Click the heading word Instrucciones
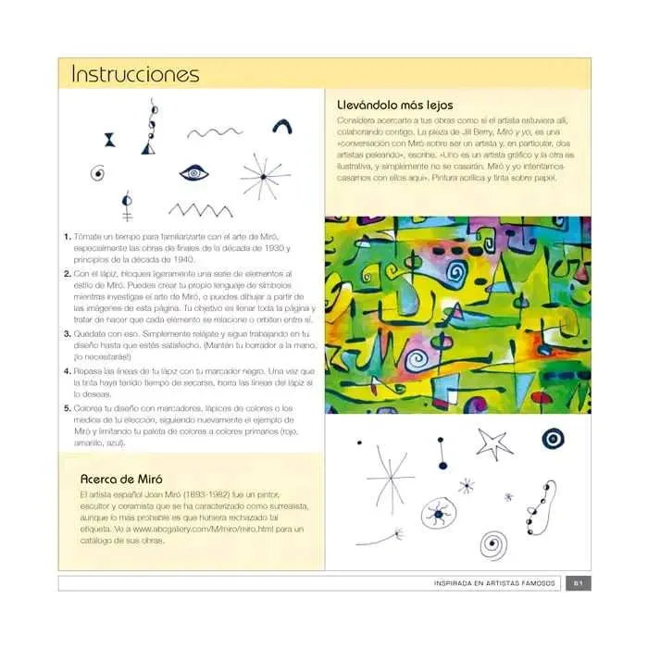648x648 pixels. tap(135, 73)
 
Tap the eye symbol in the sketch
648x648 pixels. tap(193, 172)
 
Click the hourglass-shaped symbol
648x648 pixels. tap(109, 140)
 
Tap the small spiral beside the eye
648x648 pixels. tap(96, 172)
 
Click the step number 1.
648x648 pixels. tap(68, 237)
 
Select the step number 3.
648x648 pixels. tap(68, 332)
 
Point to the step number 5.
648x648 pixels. tap(68, 408)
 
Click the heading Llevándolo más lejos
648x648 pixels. tap(396, 105)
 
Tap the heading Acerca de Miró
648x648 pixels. tap(122, 480)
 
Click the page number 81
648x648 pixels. tap(578, 582)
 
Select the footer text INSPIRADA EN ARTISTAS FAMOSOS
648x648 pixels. tap(495, 582)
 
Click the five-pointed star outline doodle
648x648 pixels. tap(494, 443)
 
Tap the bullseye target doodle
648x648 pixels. tap(555, 439)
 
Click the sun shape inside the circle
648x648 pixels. tap(437, 513)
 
